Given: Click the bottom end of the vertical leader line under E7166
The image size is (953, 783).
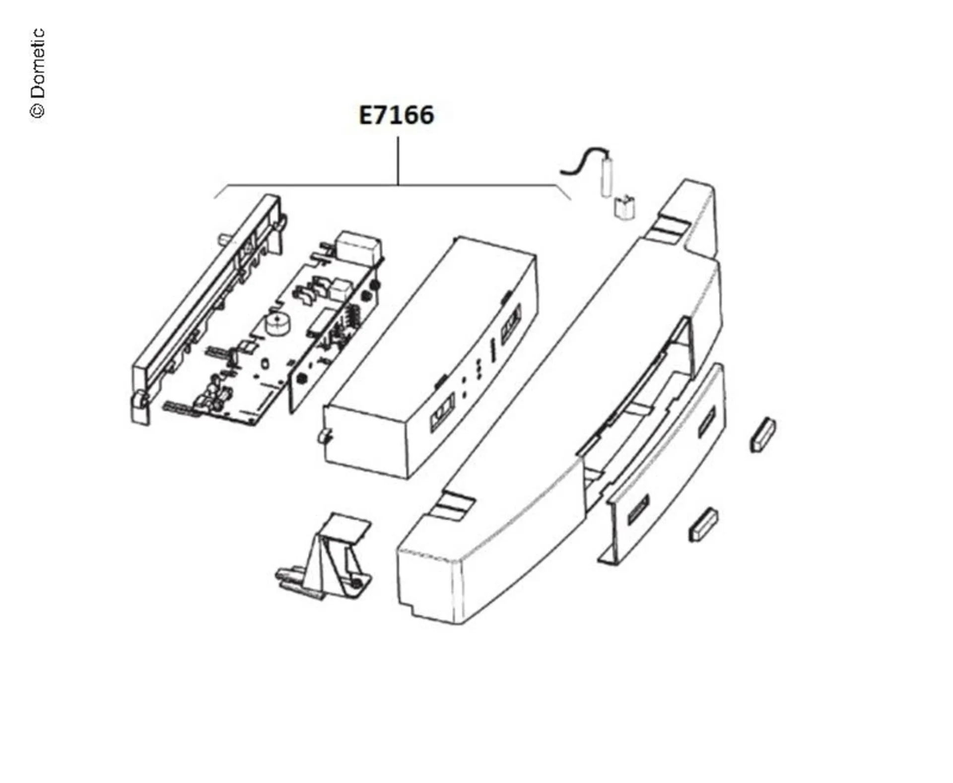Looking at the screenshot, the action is click(398, 185).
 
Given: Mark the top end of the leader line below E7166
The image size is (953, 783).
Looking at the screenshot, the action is click(398, 138).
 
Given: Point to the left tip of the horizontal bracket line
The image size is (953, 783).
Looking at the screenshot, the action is click(214, 198).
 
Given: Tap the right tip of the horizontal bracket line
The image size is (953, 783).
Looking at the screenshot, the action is click(571, 200).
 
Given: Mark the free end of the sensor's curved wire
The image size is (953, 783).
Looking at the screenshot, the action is click(561, 172).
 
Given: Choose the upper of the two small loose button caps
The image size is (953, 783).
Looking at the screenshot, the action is click(762, 434).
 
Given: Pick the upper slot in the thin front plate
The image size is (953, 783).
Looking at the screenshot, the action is click(706, 423).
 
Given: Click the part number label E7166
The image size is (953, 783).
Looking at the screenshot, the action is click(396, 115).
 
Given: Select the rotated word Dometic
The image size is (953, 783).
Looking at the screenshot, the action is click(37, 64).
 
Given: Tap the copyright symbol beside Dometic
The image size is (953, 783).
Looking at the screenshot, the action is click(37, 111).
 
